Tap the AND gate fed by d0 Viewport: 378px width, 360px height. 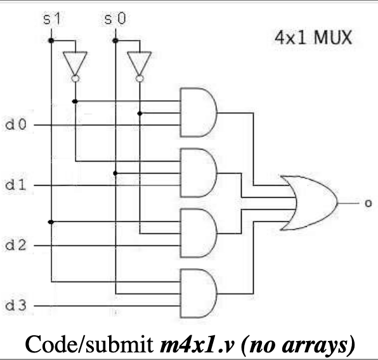pyautogui.click(x=198, y=113)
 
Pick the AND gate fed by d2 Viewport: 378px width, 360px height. pyautogui.click(x=198, y=233)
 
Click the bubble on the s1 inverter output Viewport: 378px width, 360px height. pyautogui.click(x=75, y=79)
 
